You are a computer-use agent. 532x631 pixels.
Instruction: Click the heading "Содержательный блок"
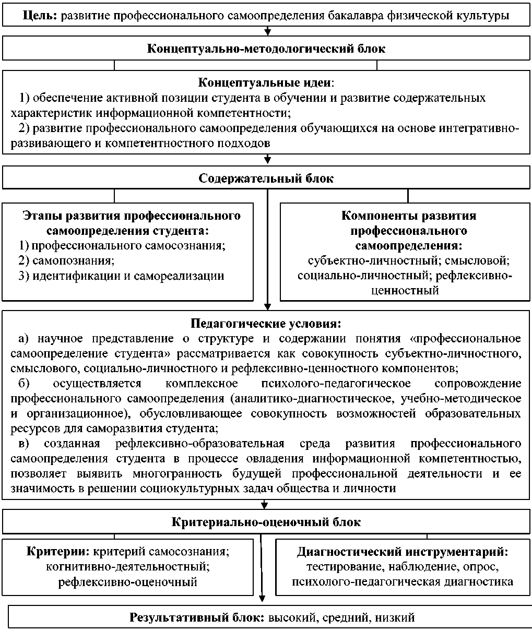[x=266, y=178]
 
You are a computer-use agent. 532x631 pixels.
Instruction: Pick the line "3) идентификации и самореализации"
[x=122, y=276]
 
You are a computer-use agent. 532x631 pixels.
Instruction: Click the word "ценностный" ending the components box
[x=405, y=291]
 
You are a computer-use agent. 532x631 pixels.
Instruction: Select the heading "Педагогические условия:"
[x=266, y=323]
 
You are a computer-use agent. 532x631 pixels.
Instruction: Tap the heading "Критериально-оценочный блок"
[x=266, y=522]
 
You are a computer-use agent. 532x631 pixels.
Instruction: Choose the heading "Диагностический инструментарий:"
[x=403, y=551]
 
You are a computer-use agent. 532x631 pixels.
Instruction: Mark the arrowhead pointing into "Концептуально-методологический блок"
[x=267, y=33]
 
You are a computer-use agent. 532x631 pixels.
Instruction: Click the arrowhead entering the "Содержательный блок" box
[x=267, y=160]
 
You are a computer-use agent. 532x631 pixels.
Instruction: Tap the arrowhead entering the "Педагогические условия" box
[x=267, y=307]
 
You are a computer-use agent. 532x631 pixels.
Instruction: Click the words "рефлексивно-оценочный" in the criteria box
[x=128, y=581]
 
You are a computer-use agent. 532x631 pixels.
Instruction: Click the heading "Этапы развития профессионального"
[x=132, y=216]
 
